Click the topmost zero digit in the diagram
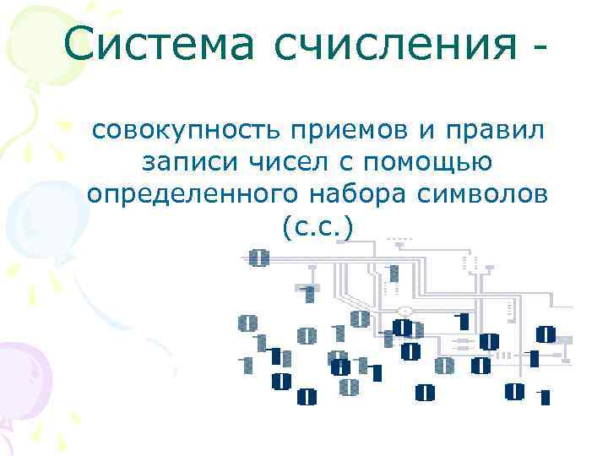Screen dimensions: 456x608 coord(259,258)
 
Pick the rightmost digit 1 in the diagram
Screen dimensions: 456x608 coord(545,397)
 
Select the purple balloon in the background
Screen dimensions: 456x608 coord(21,372)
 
